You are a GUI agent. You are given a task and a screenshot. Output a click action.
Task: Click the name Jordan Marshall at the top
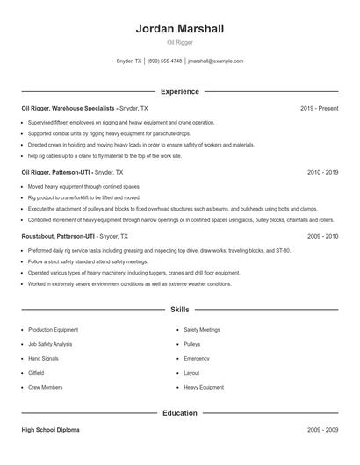180,29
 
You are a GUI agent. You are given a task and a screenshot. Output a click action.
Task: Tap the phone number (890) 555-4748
165,61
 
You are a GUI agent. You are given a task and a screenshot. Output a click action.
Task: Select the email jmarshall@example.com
216,61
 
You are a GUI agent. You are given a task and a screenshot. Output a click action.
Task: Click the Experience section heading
180,91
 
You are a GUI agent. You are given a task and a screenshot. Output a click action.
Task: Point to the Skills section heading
180,310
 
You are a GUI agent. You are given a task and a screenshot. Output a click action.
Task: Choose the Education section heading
180,412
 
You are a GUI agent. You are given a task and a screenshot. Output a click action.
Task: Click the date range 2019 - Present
319,108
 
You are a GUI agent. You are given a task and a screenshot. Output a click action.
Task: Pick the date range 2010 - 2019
322,172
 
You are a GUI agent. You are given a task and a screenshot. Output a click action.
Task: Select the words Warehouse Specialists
83,108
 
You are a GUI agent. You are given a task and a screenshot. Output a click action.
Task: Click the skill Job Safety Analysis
50,344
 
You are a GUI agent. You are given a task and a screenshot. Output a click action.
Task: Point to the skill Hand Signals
44,358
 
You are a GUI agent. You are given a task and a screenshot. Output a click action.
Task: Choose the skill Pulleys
192,344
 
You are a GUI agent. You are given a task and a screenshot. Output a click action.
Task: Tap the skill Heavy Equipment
204,386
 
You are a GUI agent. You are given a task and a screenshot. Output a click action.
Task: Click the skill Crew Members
46,386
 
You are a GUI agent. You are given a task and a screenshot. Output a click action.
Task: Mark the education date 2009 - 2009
322,431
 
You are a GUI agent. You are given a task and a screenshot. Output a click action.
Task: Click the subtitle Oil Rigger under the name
180,42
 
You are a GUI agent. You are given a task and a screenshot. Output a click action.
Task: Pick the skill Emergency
197,358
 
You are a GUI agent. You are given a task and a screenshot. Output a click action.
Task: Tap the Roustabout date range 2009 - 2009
322,236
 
